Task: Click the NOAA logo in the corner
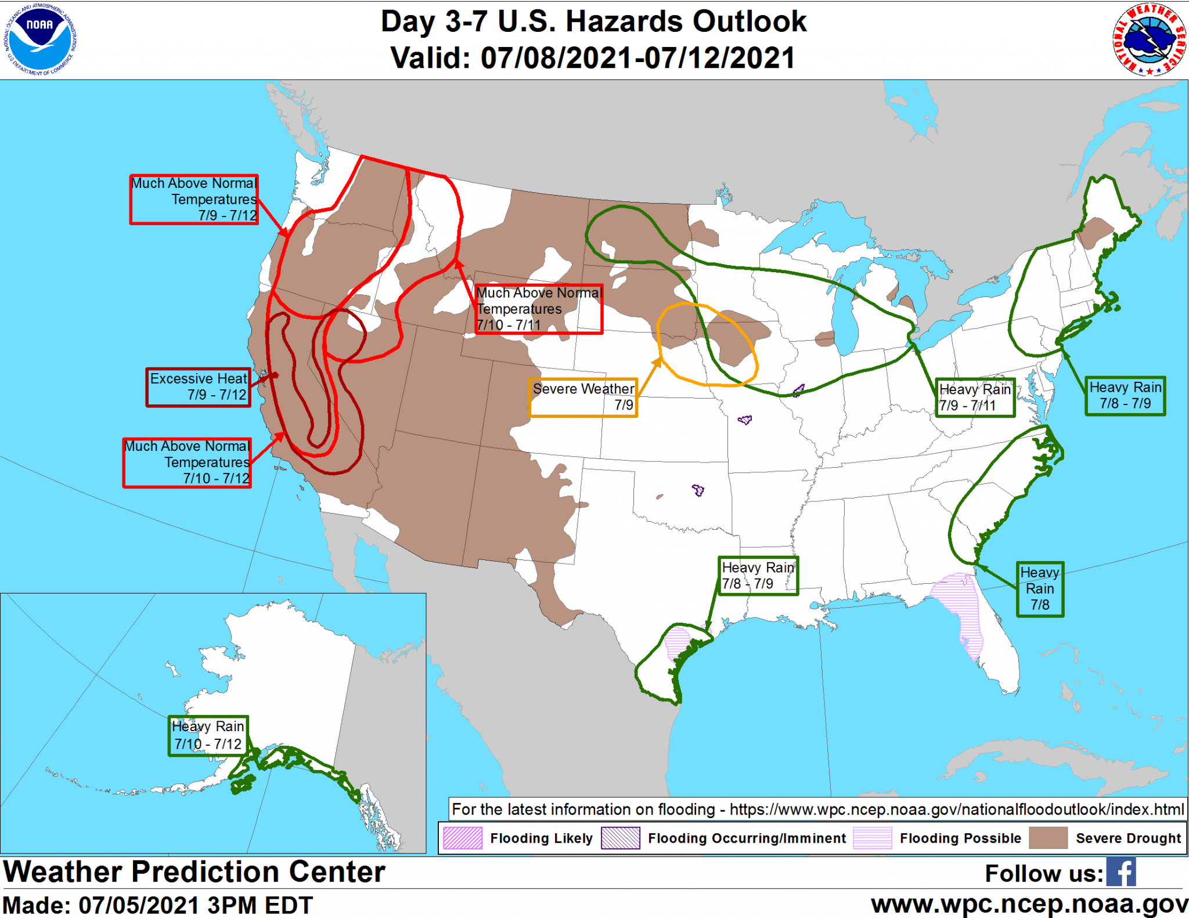tap(39, 39)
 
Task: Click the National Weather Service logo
tap(1149, 39)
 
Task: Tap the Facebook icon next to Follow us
tap(1120, 872)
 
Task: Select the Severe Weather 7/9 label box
tap(583, 397)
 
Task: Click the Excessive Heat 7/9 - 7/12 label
tap(199, 387)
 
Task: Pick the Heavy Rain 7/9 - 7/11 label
tap(975, 397)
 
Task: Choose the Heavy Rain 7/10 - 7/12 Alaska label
tap(208, 735)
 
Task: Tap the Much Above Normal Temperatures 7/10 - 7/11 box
tap(538, 309)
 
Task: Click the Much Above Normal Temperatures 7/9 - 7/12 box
tap(194, 199)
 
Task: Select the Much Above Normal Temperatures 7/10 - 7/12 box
tap(187, 462)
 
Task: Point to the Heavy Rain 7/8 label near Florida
tap(1040, 588)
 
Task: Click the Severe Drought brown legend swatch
tap(1048, 838)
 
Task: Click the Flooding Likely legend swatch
tap(462, 838)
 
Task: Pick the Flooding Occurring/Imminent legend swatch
tap(620, 838)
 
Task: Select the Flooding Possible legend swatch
tap(872, 838)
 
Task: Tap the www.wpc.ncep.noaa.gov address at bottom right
tap(1029, 904)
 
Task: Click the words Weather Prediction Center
tap(194, 872)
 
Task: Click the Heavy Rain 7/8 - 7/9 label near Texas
tap(758, 575)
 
